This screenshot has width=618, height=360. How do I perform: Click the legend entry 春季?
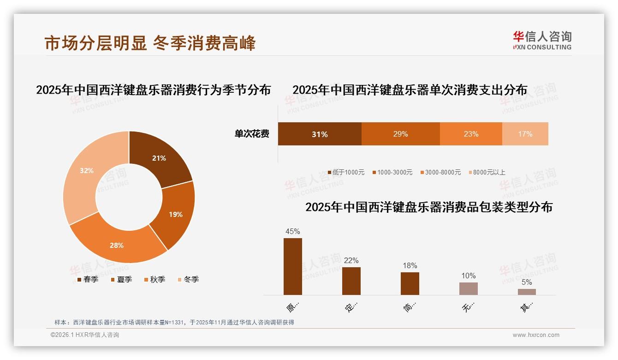coord(87,279)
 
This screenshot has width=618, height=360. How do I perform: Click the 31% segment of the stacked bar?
coord(320,134)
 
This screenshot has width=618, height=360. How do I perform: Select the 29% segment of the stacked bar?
coord(400,134)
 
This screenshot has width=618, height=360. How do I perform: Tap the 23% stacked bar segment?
coord(471,134)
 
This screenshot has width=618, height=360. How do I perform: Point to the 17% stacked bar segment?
coord(525,134)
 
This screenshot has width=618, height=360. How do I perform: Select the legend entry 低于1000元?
coord(346,172)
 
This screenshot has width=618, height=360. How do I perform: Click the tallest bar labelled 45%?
coord(293,266)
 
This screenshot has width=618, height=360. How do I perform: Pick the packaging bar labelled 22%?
coord(351,281)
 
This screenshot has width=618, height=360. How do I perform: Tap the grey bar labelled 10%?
coord(469,288)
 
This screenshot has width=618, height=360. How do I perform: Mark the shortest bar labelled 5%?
coord(527,292)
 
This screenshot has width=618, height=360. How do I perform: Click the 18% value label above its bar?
coord(410,265)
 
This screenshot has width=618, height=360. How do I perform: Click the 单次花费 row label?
coord(252,134)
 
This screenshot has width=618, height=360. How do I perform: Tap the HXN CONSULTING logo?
coord(542,40)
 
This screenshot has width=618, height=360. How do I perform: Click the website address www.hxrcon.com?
coord(536,335)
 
